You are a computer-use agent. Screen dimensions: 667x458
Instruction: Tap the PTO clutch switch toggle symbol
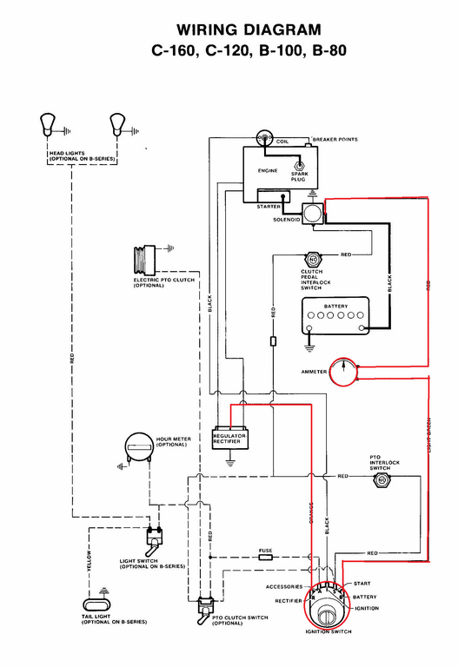pyautogui.click(x=208, y=605)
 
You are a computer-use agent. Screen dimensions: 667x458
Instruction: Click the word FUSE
pyautogui.click(x=266, y=550)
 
